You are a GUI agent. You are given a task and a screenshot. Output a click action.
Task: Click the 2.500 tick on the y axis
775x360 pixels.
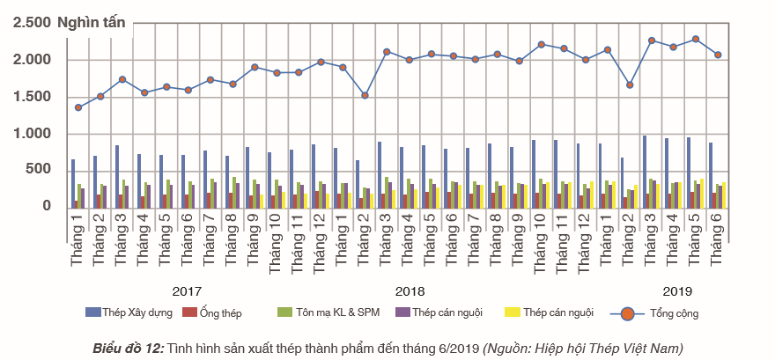tap(31, 23)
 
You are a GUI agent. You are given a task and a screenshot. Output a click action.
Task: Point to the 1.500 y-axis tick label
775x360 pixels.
tap(31, 96)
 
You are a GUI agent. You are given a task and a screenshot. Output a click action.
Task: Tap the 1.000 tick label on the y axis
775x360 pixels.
tap(31, 133)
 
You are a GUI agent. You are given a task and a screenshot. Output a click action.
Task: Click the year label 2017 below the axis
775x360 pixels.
tap(187, 290)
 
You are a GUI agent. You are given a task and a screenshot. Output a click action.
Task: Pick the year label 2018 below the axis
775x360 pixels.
tap(410, 290)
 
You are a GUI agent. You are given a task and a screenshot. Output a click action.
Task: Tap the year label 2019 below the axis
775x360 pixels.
tap(677, 290)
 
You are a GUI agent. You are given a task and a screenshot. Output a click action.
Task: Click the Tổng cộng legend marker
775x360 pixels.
tap(627, 312)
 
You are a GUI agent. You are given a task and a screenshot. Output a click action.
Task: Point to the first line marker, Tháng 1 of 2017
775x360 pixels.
tap(78, 107)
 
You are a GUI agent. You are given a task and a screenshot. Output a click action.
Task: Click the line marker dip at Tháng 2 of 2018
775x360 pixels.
tap(365, 95)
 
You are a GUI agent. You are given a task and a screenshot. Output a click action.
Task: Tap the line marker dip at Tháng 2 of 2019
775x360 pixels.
tap(630, 84)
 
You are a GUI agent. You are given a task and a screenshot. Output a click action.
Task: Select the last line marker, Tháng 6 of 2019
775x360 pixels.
tap(718, 55)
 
